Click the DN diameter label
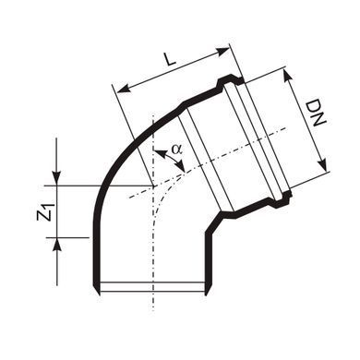click(316, 113)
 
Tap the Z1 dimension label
click(45, 211)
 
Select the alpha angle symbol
click(177, 149)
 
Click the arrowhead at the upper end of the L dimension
click(223, 53)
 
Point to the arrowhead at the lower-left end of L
click(122, 90)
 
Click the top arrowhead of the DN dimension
click(288, 75)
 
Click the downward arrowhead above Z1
click(56, 178)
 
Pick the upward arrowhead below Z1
click(56, 245)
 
